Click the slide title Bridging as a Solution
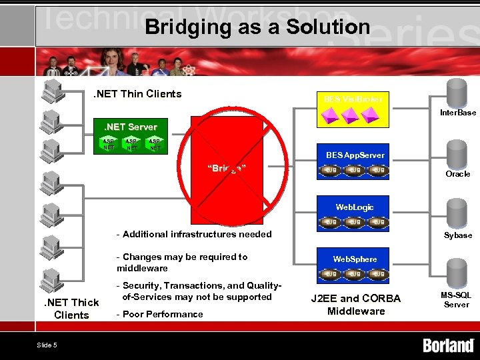257,27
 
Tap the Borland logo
448,345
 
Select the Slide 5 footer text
47,345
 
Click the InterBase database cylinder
457,93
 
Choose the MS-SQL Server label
457,299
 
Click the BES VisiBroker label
353,99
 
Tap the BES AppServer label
355,155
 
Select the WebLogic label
355,207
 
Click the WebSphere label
355,259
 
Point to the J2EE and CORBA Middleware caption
356,305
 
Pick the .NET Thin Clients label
137,94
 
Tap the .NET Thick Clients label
71,309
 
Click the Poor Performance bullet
159,314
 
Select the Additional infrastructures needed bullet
194,234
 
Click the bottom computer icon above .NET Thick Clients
51,279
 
